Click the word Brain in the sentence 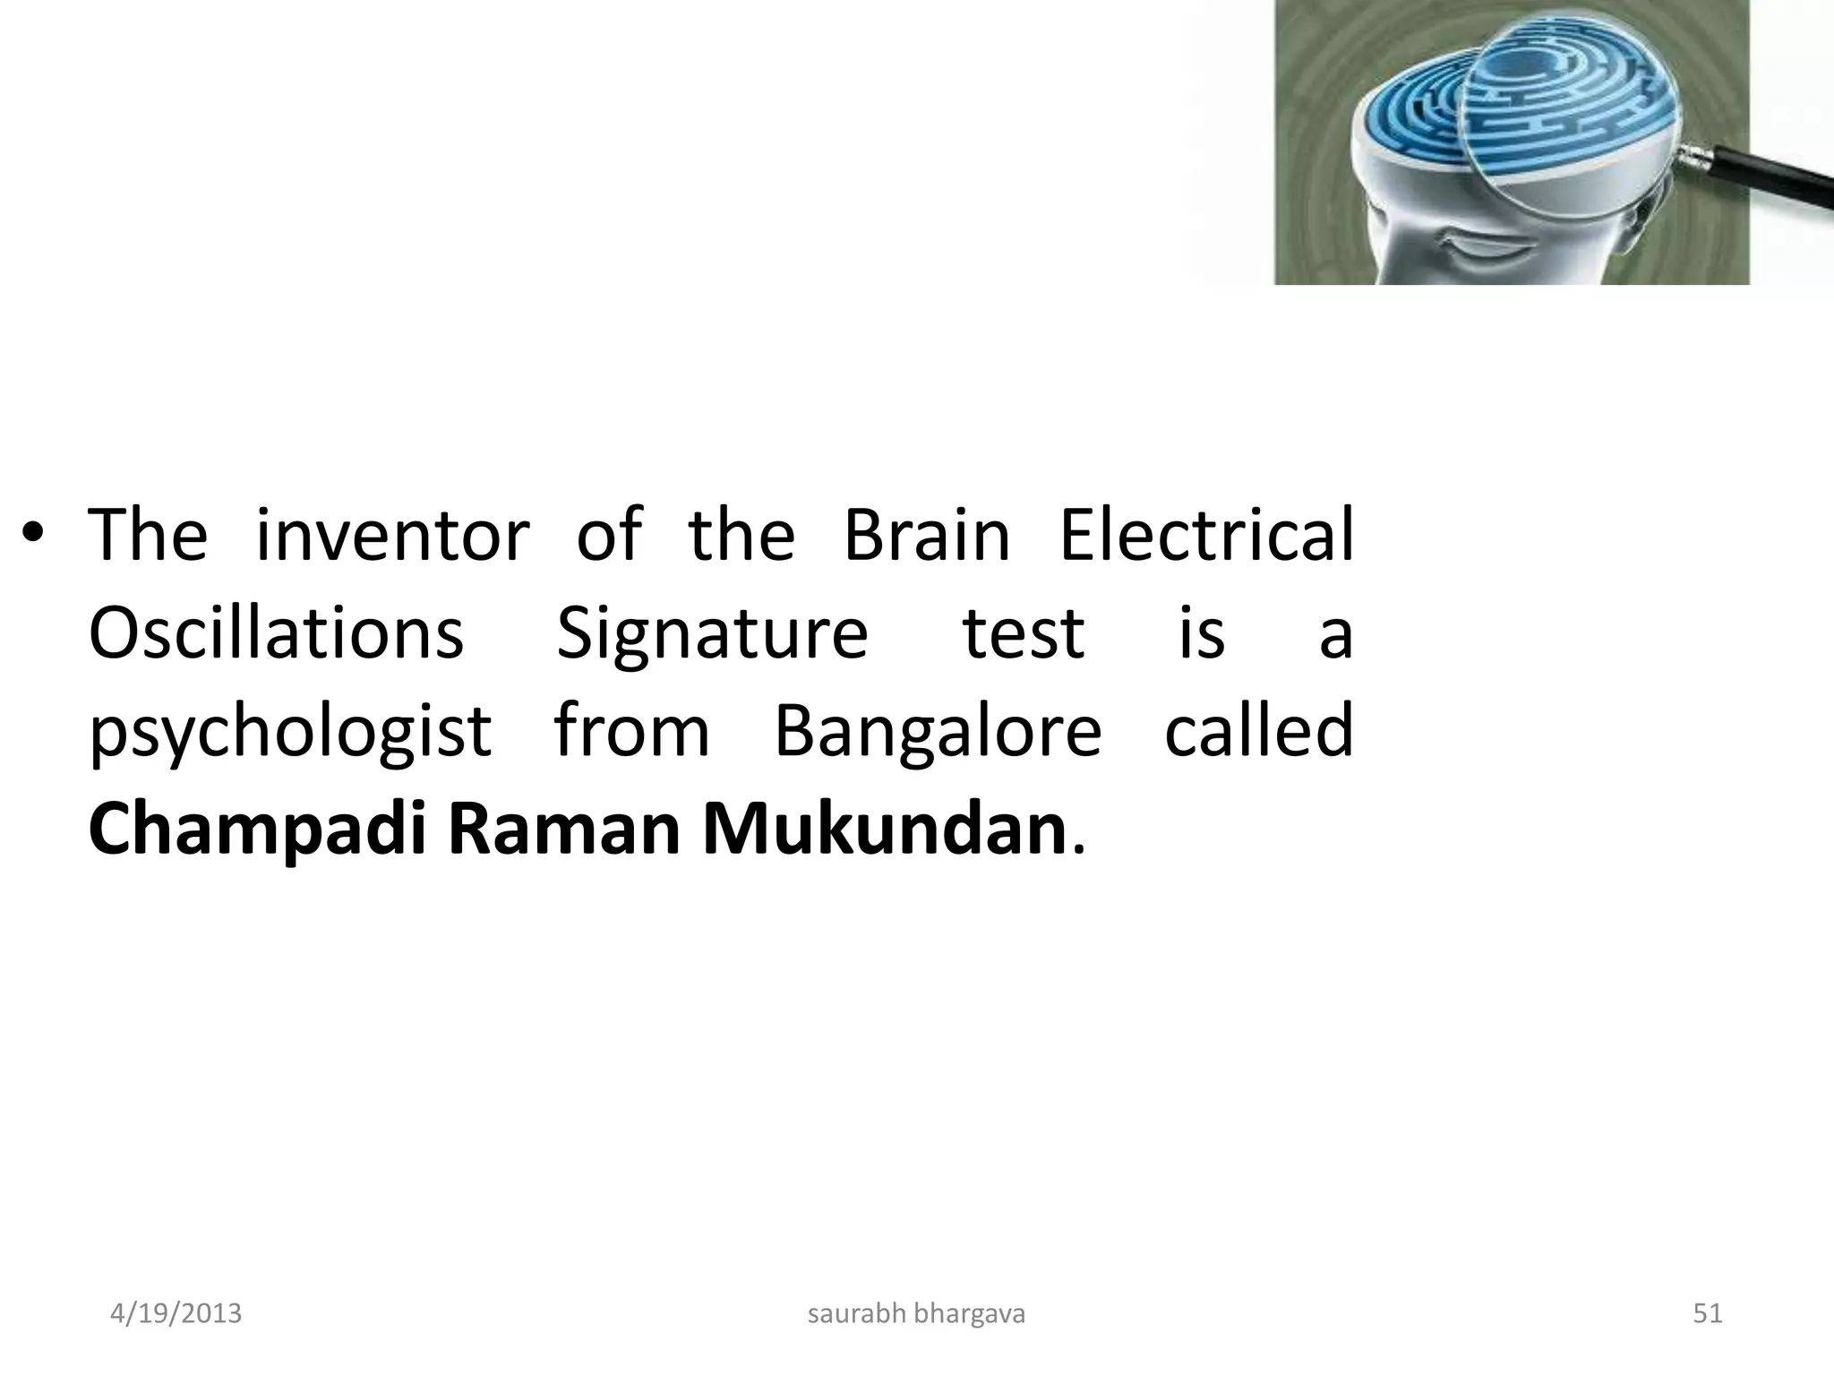pyautogui.click(x=927, y=535)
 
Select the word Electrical pyautogui.click(x=1206, y=535)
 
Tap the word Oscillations pyautogui.click(x=276, y=632)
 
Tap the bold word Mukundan pyautogui.click(x=884, y=830)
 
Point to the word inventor pyautogui.click(x=392, y=535)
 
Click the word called pyautogui.click(x=1258, y=730)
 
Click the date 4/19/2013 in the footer pyautogui.click(x=176, y=1313)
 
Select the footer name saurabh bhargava pyautogui.click(x=916, y=1313)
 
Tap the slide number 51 pyautogui.click(x=1708, y=1313)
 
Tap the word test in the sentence pyautogui.click(x=1023, y=634)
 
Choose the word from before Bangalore pyautogui.click(x=631, y=730)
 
